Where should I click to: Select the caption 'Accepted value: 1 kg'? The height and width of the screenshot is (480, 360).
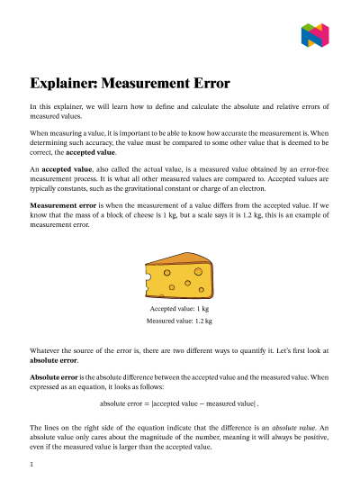(180, 308)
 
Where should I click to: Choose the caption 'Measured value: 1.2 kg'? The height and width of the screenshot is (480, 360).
(180, 320)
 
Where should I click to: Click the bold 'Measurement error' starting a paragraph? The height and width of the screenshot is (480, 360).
(62, 206)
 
